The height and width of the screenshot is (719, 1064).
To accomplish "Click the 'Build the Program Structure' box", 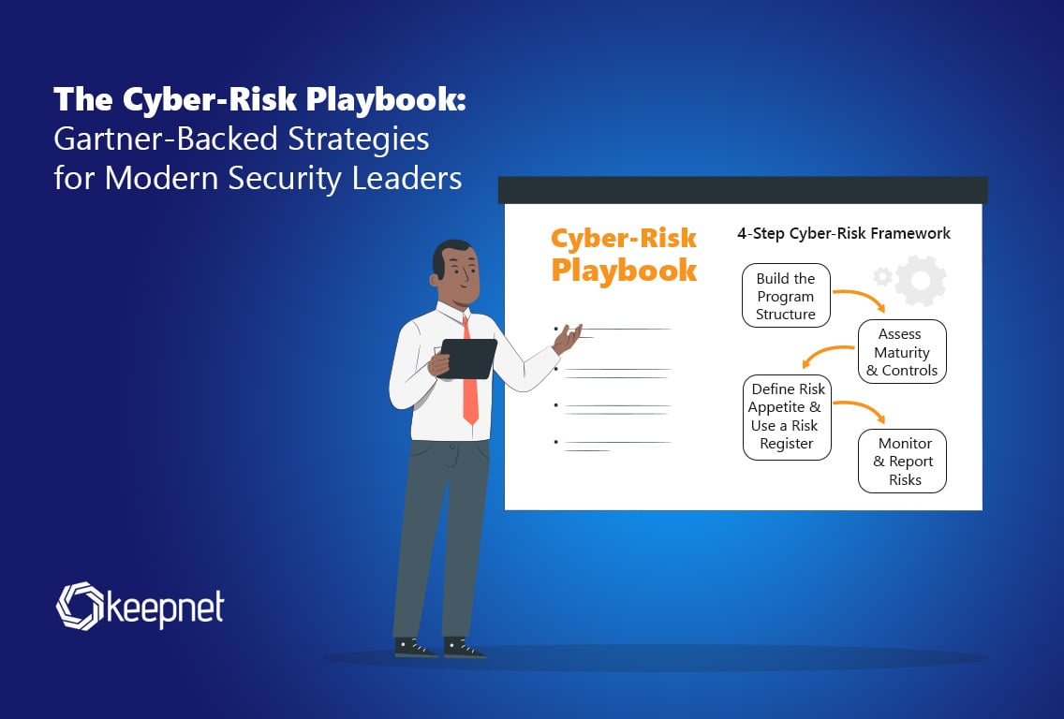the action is click(x=786, y=296).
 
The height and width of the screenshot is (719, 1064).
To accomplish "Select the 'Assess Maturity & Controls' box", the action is click(x=902, y=351).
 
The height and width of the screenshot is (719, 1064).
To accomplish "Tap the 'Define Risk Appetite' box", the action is click(x=787, y=418).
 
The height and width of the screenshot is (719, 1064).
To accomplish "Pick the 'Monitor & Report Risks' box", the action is click(x=902, y=462).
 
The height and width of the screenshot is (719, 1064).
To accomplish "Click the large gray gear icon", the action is click(x=921, y=281).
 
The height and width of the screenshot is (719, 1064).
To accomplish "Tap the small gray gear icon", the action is click(x=882, y=276).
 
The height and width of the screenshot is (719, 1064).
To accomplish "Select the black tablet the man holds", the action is click(x=468, y=359).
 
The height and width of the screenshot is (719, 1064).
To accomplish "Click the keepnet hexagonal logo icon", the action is click(x=80, y=606).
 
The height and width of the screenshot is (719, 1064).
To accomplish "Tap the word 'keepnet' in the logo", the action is click(x=165, y=609).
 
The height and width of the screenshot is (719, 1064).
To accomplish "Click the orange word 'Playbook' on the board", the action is click(x=624, y=271).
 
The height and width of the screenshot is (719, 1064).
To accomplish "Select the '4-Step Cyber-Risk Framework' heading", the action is click(x=844, y=233).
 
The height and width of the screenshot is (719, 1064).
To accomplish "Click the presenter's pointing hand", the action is click(x=568, y=338).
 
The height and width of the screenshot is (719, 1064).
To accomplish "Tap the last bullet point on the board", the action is click(x=555, y=442).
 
